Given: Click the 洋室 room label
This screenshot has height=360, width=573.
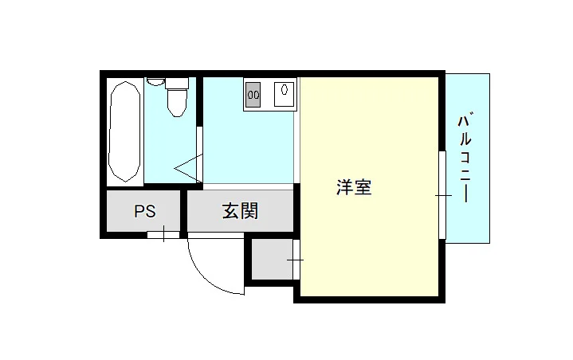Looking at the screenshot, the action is [x=354, y=187].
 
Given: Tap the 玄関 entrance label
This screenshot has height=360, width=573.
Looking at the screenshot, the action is [x=240, y=211].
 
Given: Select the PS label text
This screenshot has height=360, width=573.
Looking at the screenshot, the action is [x=145, y=211].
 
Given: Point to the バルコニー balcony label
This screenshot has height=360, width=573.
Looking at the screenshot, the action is [x=465, y=158].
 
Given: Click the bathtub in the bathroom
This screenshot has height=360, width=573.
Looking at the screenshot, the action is [x=124, y=131].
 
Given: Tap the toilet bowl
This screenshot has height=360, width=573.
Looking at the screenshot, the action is [x=177, y=102].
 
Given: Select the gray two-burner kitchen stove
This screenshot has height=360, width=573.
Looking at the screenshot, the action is [x=253, y=95].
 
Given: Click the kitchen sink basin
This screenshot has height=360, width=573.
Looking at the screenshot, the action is [x=285, y=94].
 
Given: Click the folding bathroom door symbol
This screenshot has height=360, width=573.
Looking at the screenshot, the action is [x=189, y=168].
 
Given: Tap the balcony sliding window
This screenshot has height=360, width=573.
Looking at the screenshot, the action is [x=442, y=195].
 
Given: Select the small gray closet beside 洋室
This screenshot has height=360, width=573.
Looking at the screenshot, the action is [x=273, y=259].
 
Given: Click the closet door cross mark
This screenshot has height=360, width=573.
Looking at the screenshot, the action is [x=296, y=260].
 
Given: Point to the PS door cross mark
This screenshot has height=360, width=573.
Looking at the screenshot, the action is [x=163, y=234].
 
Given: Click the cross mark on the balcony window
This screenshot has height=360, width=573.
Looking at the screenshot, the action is [x=443, y=196].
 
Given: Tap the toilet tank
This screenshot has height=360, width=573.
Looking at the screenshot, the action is [x=177, y=84].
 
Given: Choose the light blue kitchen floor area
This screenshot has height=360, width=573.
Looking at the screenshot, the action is [x=249, y=146].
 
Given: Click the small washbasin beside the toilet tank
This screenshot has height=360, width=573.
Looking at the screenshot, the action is [x=155, y=81].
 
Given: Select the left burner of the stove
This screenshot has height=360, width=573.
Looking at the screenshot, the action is [x=250, y=95].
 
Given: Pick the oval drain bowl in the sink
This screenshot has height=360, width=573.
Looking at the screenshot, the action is [x=285, y=89].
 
